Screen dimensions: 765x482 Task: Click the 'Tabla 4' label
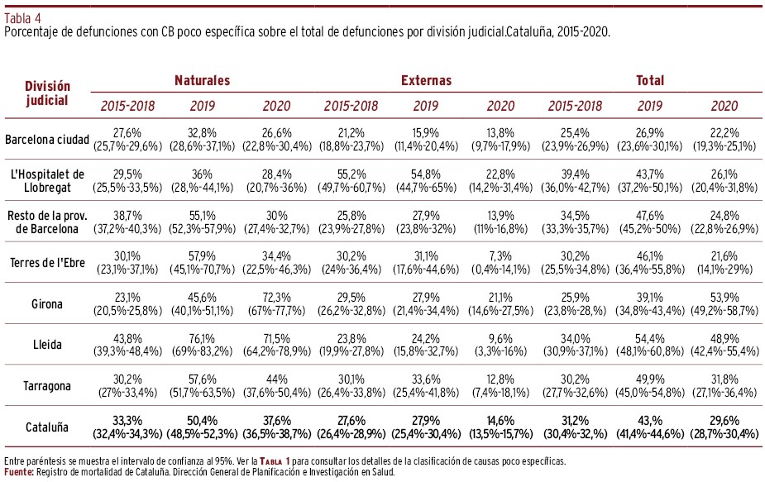[22, 18]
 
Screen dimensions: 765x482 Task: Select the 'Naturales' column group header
[202, 80]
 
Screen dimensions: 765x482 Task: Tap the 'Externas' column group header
[427, 80]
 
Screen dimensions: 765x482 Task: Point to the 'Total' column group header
[650, 80]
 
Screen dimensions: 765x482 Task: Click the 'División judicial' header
[47, 93]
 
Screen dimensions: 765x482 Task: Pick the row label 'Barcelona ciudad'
[47, 140]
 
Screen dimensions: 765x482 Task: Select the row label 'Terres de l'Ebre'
[47, 263]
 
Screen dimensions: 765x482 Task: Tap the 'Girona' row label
[47, 304]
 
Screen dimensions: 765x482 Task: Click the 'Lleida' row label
[47, 345]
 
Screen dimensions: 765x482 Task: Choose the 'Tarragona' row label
[47, 386]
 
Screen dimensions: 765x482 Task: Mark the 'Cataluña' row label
[47, 427]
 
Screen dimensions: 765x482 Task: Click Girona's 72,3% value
[276, 297]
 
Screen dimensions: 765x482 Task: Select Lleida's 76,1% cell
[202, 338]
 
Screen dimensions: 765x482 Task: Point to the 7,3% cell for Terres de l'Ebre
[500, 256]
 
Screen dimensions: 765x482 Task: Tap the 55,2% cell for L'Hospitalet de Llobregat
[351, 174]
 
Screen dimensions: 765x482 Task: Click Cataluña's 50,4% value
[202, 421]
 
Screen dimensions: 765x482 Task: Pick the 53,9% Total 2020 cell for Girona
[724, 297]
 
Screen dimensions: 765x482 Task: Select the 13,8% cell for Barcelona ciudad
[500, 133]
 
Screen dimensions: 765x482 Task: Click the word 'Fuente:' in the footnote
[19, 472]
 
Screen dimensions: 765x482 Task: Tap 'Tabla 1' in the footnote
[275, 461]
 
